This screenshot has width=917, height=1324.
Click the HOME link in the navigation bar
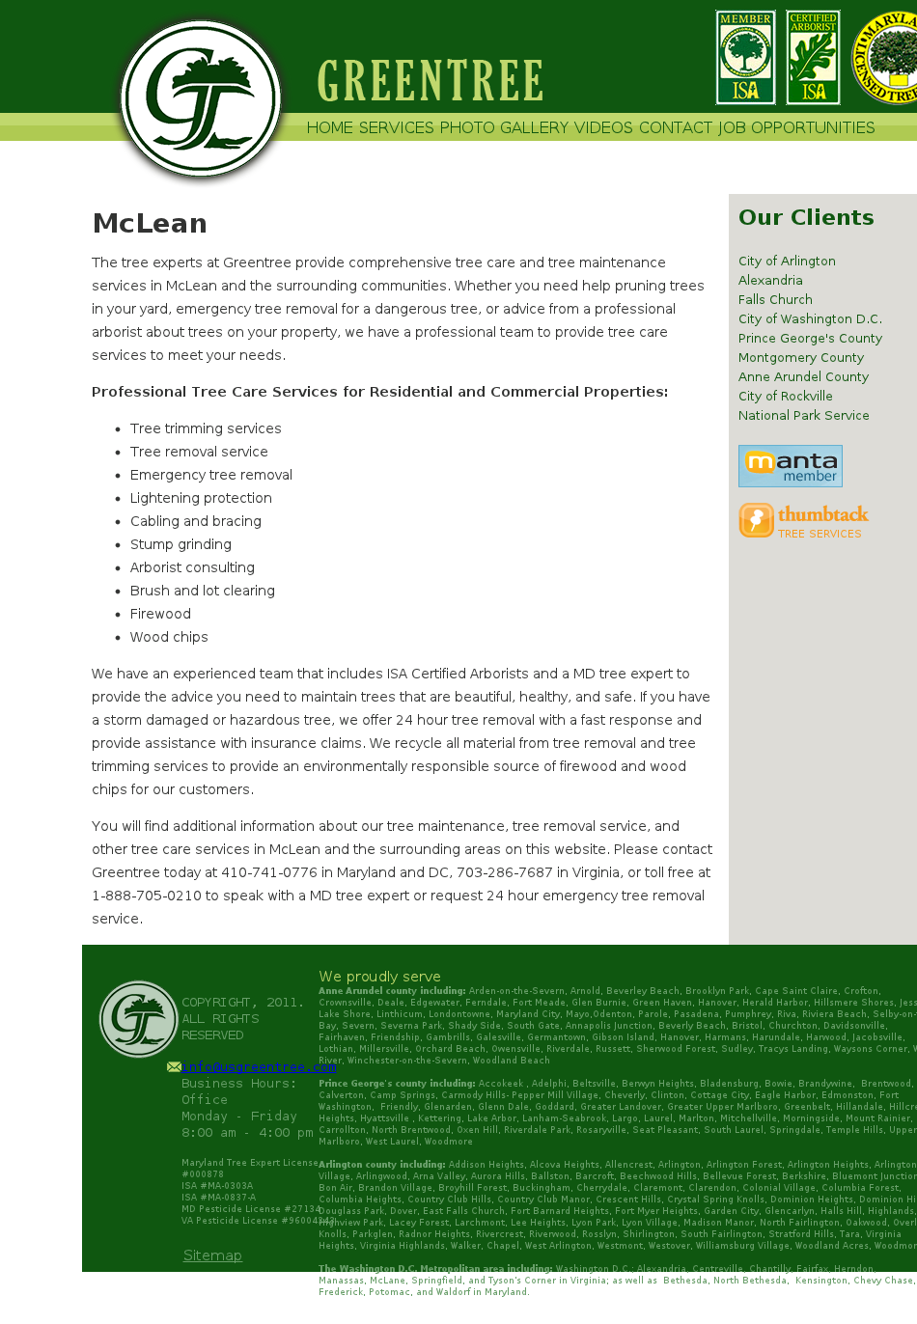pos(330,127)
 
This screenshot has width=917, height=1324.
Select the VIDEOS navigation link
pos(603,127)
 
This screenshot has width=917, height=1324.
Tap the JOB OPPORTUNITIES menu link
pos(796,127)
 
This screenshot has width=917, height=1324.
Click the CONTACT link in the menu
pos(676,127)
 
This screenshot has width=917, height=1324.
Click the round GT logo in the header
pos(202,98)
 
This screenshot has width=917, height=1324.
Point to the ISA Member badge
pos(745,58)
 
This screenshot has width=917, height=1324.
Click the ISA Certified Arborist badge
pos(813,58)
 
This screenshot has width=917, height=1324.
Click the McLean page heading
pos(150,223)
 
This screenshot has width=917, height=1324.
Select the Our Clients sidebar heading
pos(806,217)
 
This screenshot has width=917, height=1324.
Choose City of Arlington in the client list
pos(787,261)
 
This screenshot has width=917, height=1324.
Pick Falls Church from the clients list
pos(775,299)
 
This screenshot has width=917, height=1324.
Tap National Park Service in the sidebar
pos(803,415)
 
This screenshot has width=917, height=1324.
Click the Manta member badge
pos(790,466)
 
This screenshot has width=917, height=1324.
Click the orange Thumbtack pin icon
pos(756,520)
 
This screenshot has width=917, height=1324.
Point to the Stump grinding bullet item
pos(181,544)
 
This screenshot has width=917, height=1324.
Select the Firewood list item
pos(160,614)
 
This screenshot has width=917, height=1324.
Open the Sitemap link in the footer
pos(212,1255)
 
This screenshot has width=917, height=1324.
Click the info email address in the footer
pos(259,1066)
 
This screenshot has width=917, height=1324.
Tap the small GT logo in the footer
pos(138,1019)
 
